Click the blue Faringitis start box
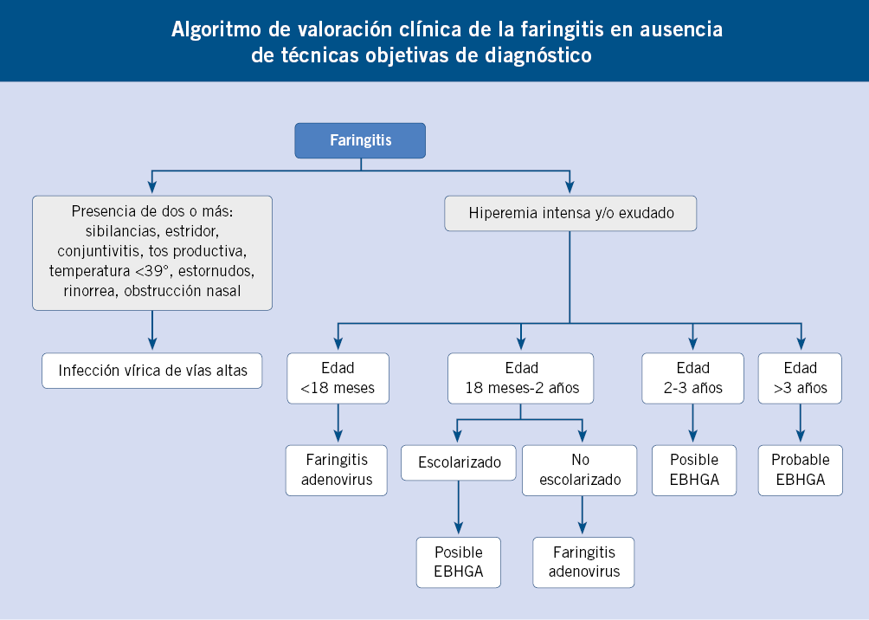360,141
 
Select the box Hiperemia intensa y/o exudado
570,214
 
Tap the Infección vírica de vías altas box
152,371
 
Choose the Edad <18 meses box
338,378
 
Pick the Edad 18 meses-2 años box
521,378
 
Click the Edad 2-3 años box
692,378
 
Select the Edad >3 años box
800,378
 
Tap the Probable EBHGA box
801,470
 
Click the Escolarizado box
459,462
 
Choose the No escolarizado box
580,470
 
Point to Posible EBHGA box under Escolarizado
459,562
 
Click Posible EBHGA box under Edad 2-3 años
694,470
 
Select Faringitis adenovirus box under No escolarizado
583,562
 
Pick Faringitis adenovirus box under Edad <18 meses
337,470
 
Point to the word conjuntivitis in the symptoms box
100,251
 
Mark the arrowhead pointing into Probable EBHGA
801,435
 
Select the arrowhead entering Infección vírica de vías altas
152,343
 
